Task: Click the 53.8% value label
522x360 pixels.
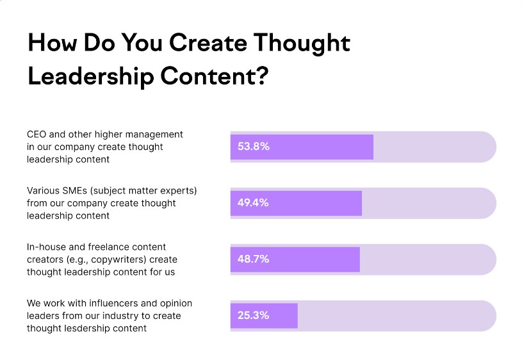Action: pyautogui.click(x=254, y=147)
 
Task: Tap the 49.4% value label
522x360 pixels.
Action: pyautogui.click(x=254, y=203)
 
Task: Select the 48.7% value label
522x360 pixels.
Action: pyautogui.click(x=254, y=259)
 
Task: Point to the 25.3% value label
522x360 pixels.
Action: pyautogui.click(x=254, y=316)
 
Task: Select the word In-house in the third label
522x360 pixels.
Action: pyautogui.click(x=46, y=247)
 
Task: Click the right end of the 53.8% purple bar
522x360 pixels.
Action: pyautogui.click(x=371, y=147)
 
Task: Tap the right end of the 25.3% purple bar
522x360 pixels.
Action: pyautogui.click(x=296, y=316)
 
